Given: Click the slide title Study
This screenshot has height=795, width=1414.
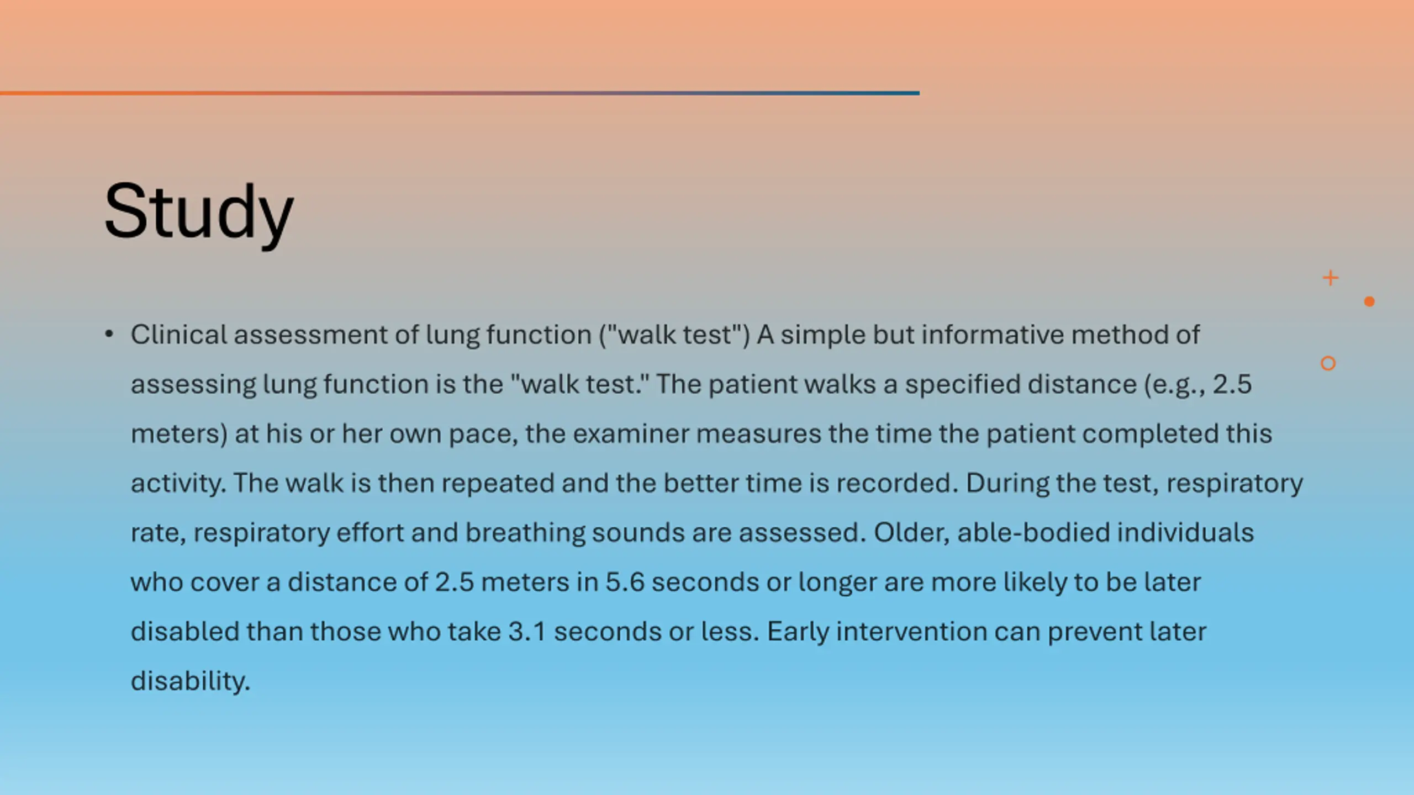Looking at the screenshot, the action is click(199, 213).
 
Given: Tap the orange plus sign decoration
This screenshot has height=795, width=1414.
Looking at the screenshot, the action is click(1331, 278).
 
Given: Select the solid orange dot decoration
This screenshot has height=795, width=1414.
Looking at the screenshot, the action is click(1369, 301).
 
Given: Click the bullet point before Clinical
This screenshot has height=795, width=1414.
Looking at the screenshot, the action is click(109, 334).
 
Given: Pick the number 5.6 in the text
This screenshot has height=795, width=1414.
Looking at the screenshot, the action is click(625, 582).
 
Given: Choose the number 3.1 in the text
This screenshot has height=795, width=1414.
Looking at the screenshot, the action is click(527, 632).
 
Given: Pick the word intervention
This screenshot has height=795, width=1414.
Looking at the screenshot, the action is click(911, 632).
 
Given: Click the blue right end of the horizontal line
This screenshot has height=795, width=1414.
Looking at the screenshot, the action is click(919, 93).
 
